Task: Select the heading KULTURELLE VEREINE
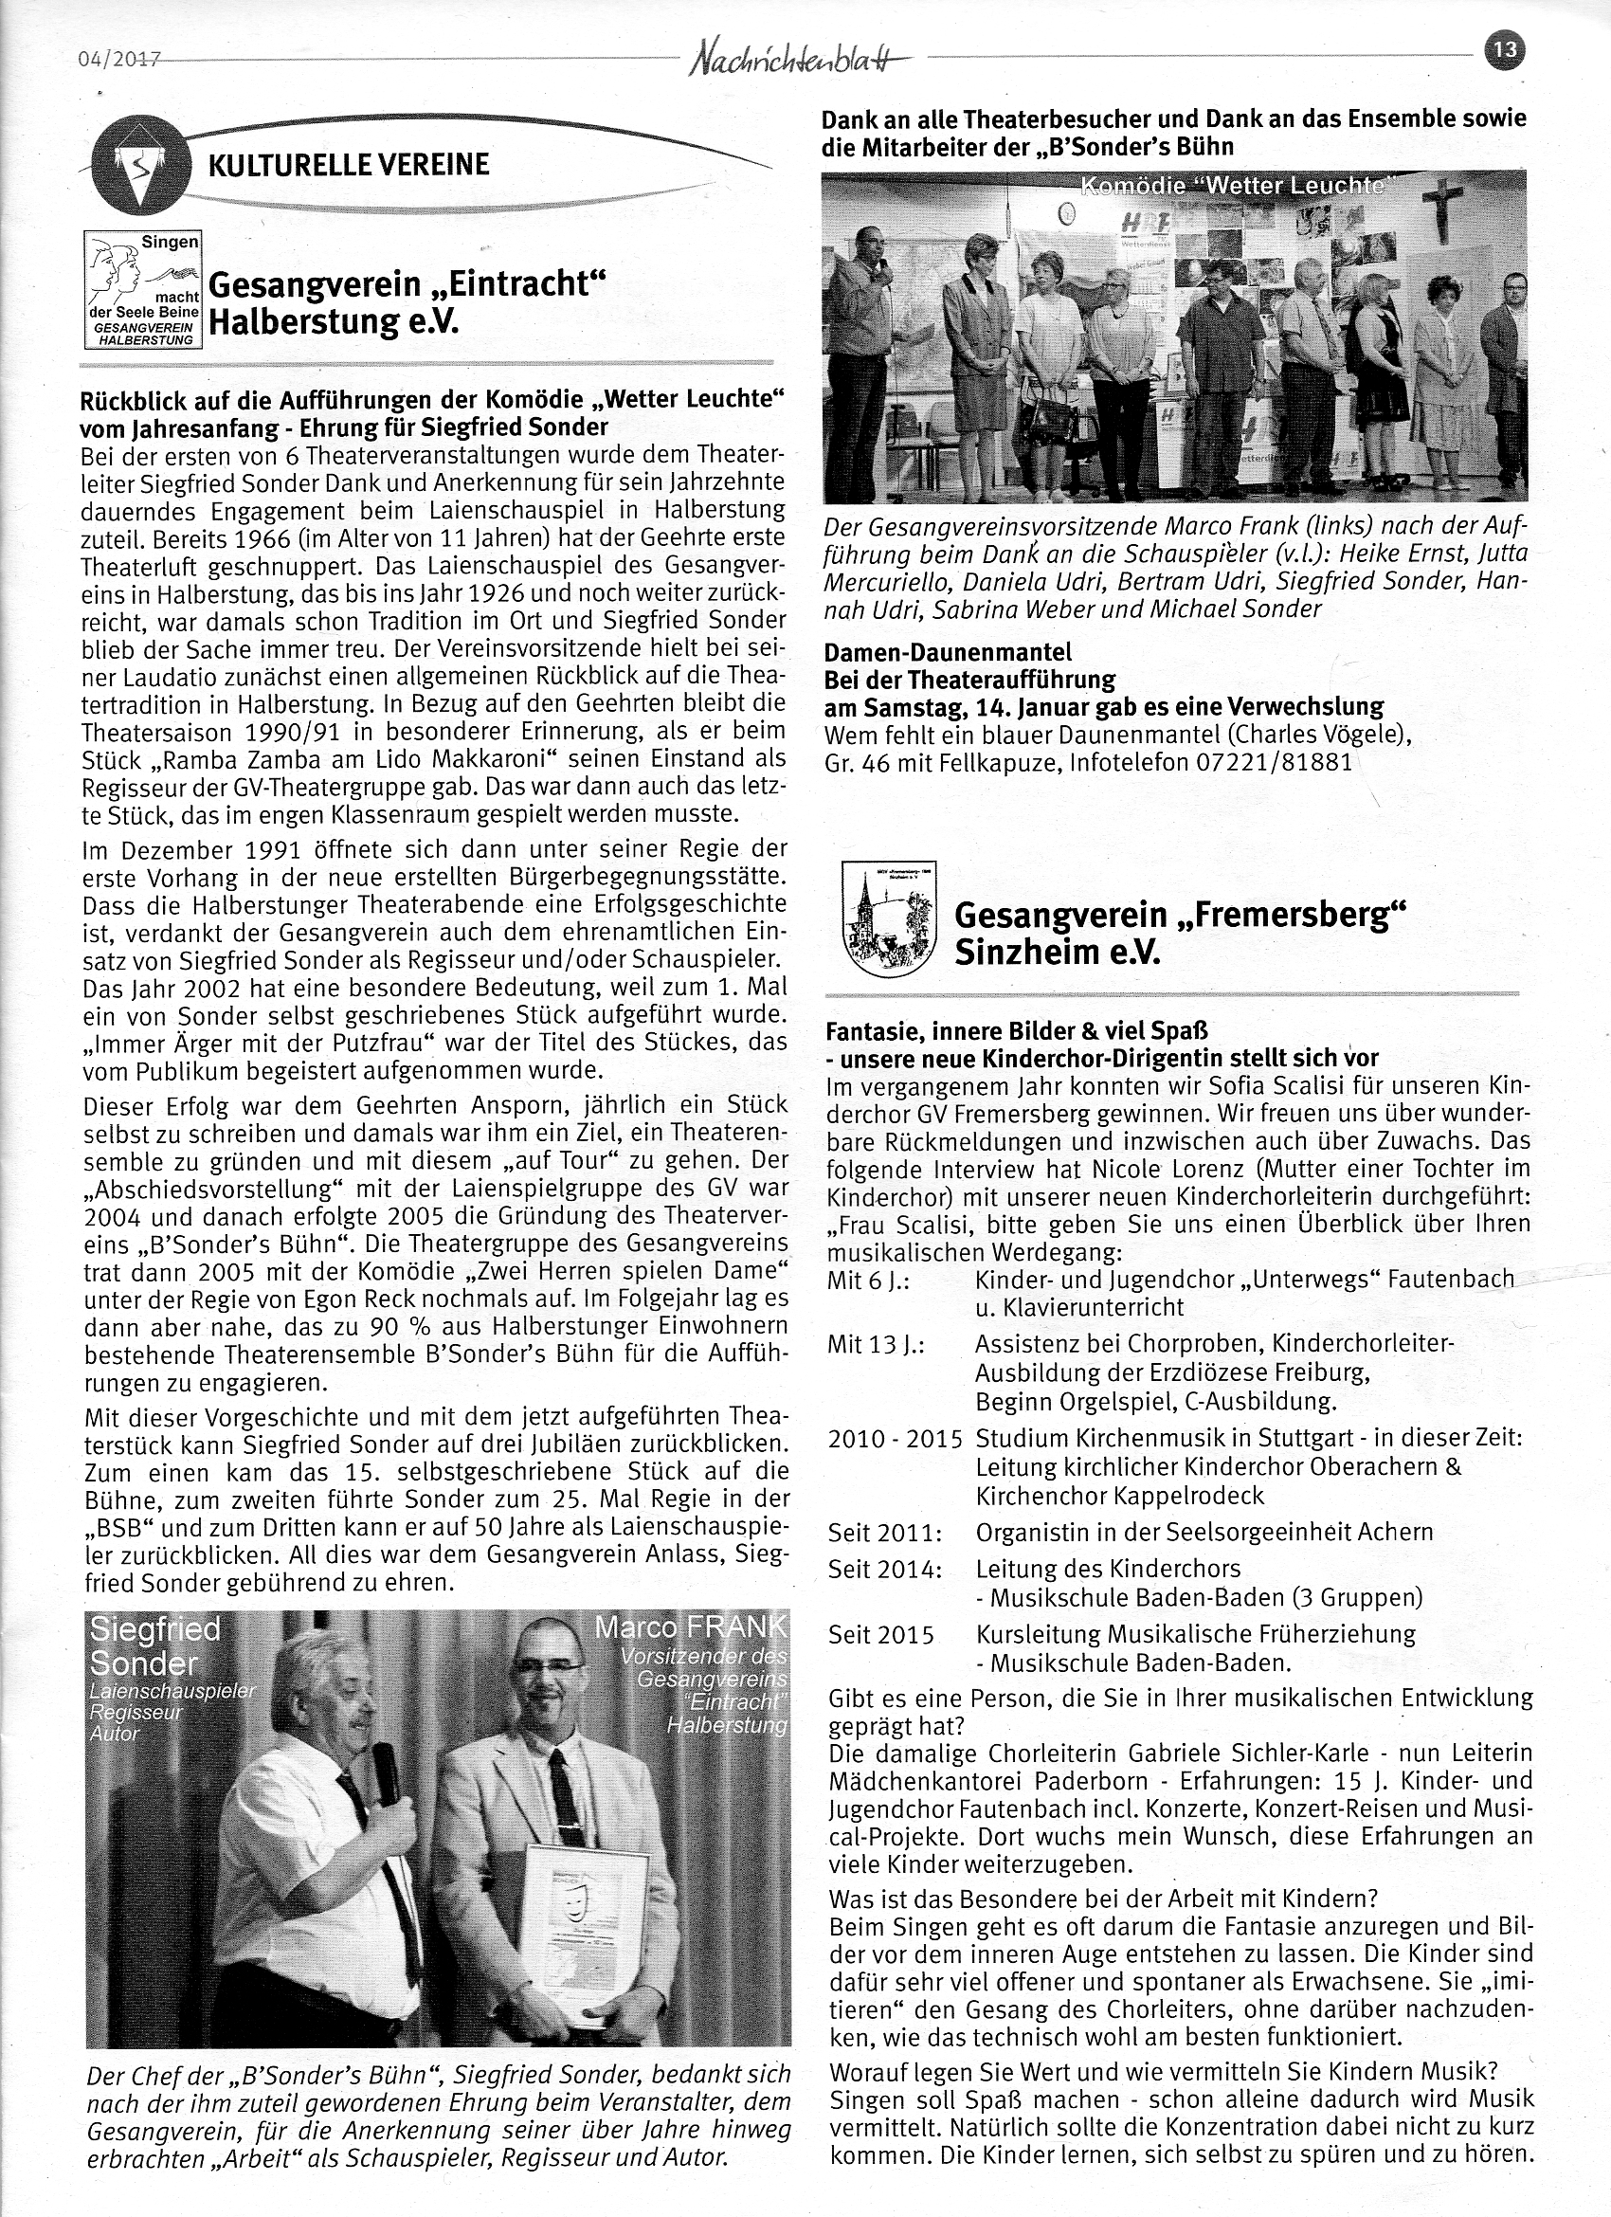click(349, 164)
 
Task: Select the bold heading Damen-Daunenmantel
click(948, 651)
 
